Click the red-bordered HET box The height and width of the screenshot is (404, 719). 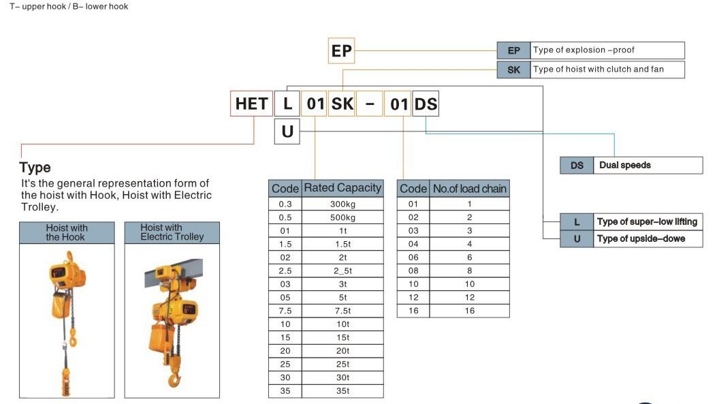coord(251,104)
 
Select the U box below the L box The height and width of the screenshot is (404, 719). coord(287,131)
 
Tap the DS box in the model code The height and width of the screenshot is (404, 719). coord(426,104)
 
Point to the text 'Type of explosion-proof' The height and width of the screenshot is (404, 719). coord(584,50)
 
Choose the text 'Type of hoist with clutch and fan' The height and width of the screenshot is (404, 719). coord(598,69)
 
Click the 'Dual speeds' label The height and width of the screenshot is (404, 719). coord(625,166)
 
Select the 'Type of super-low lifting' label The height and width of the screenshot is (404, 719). coord(647,222)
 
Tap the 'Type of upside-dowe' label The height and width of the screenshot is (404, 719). coord(641,239)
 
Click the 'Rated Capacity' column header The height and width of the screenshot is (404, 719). coord(342,188)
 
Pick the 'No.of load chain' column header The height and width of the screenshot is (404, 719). coord(470,189)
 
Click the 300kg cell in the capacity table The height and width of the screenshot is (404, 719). coord(342,204)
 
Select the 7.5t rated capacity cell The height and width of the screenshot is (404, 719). coord(342,311)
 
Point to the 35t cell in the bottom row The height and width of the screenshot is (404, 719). coord(342,391)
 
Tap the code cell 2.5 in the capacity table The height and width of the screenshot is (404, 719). coord(285,271)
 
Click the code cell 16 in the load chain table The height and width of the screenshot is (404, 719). coord(413,311)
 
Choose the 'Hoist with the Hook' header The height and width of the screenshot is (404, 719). coord(67,232)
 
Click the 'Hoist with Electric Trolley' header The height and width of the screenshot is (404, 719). coord(172,232)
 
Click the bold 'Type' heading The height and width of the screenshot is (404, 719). coord(35,168)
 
